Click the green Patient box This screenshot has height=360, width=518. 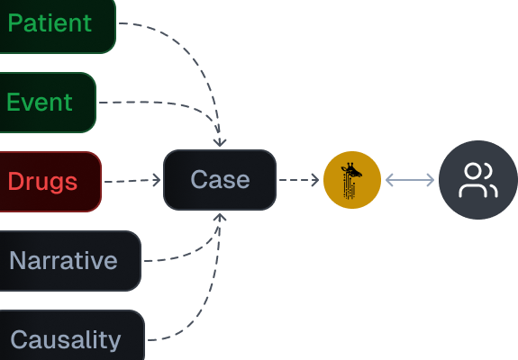(x=58, y=24)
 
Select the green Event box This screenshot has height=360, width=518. (x=48, y=103)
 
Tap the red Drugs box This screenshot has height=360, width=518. (x=50, y=182)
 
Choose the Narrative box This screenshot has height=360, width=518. (x=70, y=261)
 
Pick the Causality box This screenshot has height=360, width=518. (x=72, y=336)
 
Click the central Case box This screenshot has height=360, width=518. (x=220, y=180)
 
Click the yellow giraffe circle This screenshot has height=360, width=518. (x=352, y=180)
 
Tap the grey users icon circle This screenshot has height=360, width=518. (x=478, y=180)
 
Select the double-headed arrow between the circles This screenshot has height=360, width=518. (x=410, y=180)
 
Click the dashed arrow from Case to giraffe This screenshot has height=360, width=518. (x=299, y=180)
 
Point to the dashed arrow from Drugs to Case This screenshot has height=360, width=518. (x=132, y=181)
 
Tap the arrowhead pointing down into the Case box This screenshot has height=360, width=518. (x=220, y=143)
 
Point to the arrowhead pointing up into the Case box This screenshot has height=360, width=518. (x=220, y=217)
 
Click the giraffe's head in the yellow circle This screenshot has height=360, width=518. (x=352, y=171)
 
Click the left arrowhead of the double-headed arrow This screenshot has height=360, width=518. (x=389, y=180)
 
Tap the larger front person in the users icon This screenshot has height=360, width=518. (x=473, y=181)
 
